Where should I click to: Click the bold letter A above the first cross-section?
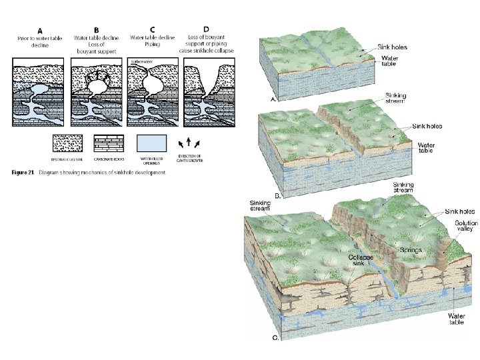(40, 30)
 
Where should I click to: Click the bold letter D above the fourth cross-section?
(206, 29)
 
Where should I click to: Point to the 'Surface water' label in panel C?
(141, 61)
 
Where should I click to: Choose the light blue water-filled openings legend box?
(151, 143)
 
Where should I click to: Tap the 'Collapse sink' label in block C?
(362, 261)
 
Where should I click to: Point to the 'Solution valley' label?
(465, 227)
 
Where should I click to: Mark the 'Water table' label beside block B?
(426, 148)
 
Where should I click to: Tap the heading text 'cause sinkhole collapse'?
(206, 51)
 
